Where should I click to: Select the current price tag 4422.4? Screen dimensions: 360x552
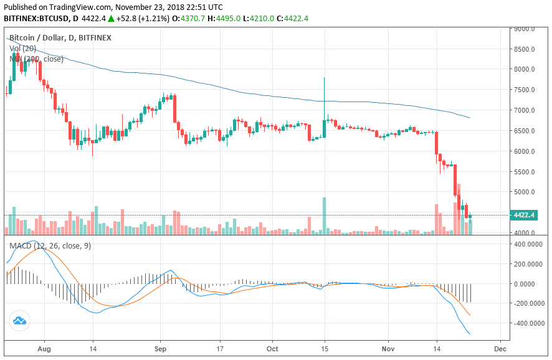pos(525,215)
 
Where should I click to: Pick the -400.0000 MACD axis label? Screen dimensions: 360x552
pos(526,323)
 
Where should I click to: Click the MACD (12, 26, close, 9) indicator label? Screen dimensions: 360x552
pos(50,246)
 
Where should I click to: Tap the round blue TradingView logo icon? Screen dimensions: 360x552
pos(19,321)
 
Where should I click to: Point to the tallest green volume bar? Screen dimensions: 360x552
pos(325,216)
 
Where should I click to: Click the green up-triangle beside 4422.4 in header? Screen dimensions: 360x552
pos(111,19)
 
